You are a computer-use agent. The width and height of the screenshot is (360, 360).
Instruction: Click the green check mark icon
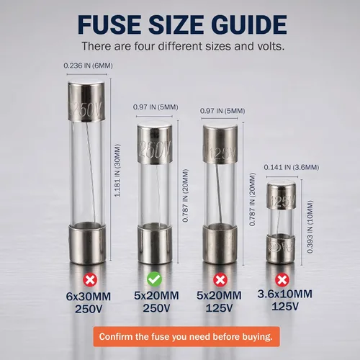coord(154,279)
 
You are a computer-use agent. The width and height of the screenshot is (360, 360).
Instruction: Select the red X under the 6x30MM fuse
coord(90,280)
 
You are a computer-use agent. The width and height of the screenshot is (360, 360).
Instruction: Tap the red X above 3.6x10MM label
coord(282,279)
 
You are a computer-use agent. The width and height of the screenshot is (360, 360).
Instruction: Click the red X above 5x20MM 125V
coord(220,279)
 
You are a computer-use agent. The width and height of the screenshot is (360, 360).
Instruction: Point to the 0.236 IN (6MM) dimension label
coord(88,66)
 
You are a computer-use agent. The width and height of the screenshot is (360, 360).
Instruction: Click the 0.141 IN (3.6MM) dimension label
coord(292,167)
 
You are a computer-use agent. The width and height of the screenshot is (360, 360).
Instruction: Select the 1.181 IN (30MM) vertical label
coord(117,171)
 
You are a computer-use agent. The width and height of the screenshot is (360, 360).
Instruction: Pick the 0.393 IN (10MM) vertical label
coord(310,227)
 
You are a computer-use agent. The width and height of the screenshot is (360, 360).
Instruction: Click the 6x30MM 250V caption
coord(89,303)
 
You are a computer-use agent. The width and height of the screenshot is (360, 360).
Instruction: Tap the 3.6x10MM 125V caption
coord(285,300)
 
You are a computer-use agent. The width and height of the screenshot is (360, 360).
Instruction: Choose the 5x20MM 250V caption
coord(156,302)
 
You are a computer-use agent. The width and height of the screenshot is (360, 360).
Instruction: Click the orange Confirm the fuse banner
coord(186,336)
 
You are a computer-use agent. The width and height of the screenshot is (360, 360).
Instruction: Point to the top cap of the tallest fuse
coord(86,100)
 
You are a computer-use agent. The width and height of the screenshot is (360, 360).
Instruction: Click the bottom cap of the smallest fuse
coord(281,249)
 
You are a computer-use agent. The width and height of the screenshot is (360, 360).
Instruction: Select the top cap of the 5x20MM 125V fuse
coord(220,143)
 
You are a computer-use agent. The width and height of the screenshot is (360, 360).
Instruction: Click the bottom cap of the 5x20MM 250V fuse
coord(155,243)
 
